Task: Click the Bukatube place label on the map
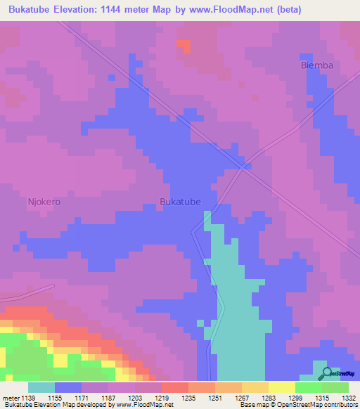181,202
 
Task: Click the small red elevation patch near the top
184,46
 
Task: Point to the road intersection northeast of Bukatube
244,167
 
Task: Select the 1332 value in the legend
349,398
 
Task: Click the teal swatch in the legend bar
41,387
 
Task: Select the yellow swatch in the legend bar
282,387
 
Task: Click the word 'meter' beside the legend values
11,398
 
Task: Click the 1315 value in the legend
323,398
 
